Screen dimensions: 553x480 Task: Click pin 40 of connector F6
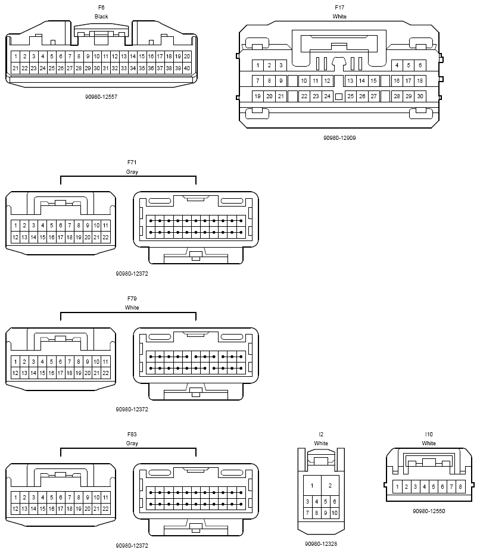pos(187,68)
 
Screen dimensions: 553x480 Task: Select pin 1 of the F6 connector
pos(15,56)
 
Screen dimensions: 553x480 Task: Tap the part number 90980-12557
pos(101,96)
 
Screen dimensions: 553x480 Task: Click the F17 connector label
pos(339,8)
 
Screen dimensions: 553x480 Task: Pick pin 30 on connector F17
pos(420,96)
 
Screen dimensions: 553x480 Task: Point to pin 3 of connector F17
pos(280,65)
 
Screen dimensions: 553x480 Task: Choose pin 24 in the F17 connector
pos(327,96)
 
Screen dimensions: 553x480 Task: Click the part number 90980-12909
pos(339,138)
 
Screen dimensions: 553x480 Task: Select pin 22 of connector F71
pos(105,238)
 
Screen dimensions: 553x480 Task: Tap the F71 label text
pos(132,163)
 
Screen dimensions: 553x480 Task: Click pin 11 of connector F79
pos(105,361)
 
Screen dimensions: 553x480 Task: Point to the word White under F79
pos(132,308)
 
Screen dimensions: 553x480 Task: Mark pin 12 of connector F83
pos(15,509)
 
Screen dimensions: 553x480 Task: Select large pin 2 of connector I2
pos(330,486)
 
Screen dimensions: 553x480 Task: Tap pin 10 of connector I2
pos(335,513)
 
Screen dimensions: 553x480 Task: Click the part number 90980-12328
pos(320,543)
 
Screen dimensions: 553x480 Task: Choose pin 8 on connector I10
pos(460,487)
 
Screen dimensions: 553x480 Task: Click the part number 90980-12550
pos(429,511)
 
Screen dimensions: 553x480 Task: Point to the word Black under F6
pos(101,17)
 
